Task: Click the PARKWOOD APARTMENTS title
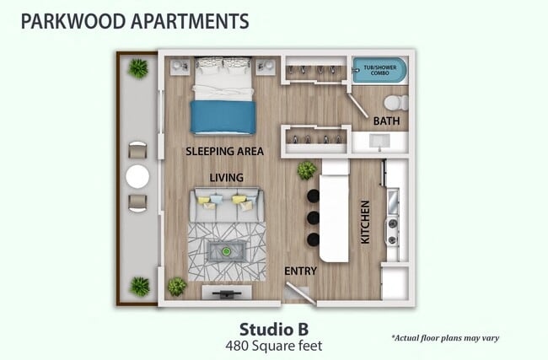click(x=135, y=20)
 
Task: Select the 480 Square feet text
click(x=273, y=345)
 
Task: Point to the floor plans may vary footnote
click(x=445, y=338)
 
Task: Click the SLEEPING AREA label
click(x=225, y=152)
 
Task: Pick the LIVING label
click(x=227, y=178)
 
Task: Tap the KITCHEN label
click(x=366, y=222)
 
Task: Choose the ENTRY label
click(x=300, y=271)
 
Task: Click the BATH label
click(x=386, y=121)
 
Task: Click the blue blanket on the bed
click(x=223, y=117)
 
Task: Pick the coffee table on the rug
click(x=226, y=250)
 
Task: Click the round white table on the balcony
click(x=137, y=177)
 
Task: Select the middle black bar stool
click(x=314, y=218)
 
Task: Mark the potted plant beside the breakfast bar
click(x=307, y=170)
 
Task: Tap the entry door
click(x=297, y=291)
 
